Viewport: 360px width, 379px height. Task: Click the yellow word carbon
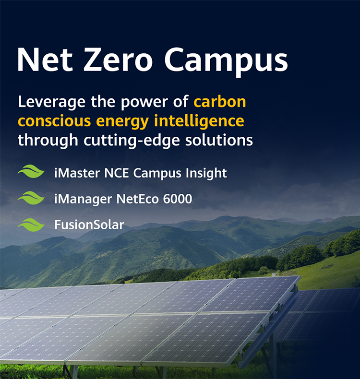[x=220, y=102]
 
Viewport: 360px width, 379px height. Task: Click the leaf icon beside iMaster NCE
[x=31, y=172]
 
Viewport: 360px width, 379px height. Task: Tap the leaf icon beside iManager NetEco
[x=31, y=198]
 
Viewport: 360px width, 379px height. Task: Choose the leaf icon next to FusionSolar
[x=31, y=225]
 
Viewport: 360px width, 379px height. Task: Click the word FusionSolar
[x=89, y=225]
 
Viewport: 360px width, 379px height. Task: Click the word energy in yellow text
[x=124, y=122]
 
